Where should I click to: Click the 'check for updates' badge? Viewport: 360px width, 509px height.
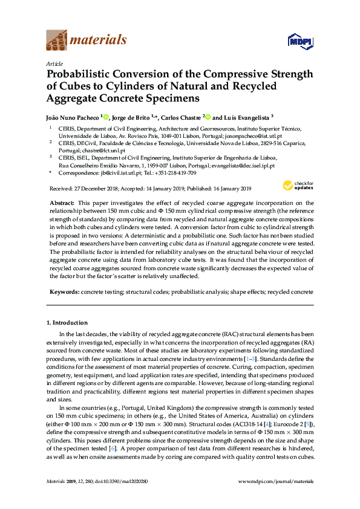(x=298, y=186)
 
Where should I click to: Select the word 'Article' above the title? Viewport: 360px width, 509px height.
(x=53, y=63)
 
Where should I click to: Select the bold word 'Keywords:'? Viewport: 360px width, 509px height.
(x=64, y=292)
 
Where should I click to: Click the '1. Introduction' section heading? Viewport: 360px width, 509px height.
(x=68, y=323)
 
